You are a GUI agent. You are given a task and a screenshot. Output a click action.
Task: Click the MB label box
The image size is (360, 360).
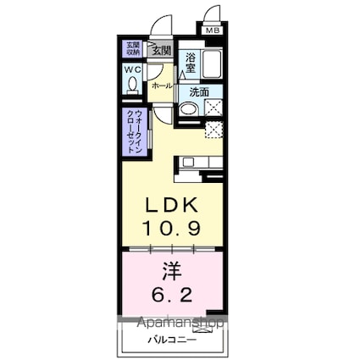(x=212, y=31)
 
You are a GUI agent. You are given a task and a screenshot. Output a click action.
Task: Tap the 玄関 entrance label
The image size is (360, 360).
(x=161, y=50)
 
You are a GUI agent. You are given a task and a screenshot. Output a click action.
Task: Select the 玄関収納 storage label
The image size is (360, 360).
(x=133, y=49)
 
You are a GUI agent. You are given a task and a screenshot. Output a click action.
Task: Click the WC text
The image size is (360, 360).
(x=133, y=69)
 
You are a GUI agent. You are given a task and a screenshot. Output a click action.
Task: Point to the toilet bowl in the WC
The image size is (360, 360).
(x=133, y=85)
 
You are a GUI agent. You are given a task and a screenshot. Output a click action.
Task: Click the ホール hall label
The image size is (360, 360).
(x=161, y=86)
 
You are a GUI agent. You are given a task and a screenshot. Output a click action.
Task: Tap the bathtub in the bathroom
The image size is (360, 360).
(x=213, y=64)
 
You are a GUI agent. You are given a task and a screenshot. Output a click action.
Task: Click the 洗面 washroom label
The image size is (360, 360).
(x=199, y=91)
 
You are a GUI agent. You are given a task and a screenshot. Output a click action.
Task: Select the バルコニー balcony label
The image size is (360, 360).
(x=170, y=340)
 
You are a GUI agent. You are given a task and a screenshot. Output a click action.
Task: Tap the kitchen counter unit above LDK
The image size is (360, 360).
(x=200, y=162)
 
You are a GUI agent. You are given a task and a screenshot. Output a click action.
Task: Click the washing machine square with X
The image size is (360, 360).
(x=214, y=108)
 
